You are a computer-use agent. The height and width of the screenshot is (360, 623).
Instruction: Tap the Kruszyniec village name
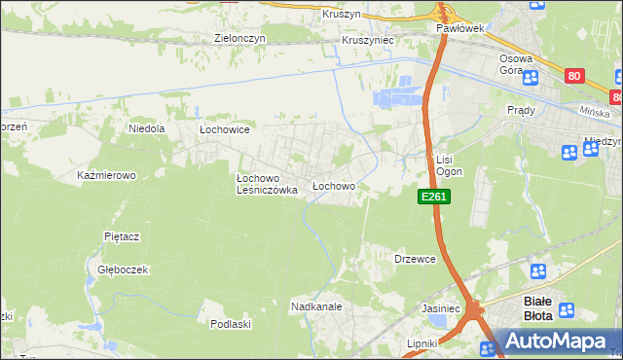(x=367, y=42)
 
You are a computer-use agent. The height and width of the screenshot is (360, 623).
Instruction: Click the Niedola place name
(x=147, y=127)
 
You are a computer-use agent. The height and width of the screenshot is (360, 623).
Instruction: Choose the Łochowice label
(x=225, y=128)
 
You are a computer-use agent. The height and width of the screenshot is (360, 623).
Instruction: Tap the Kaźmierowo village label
(x=105, y=175)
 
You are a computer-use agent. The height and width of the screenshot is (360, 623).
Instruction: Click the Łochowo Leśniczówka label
(x=267, y=184)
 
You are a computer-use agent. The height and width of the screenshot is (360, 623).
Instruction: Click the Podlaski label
(x=231, y=324)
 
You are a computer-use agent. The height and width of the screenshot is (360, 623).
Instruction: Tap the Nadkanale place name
(x=315, y=306)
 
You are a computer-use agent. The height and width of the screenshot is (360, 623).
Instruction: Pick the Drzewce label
(x=414, y=259)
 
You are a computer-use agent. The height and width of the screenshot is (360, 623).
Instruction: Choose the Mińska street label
(x=593, y=112)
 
